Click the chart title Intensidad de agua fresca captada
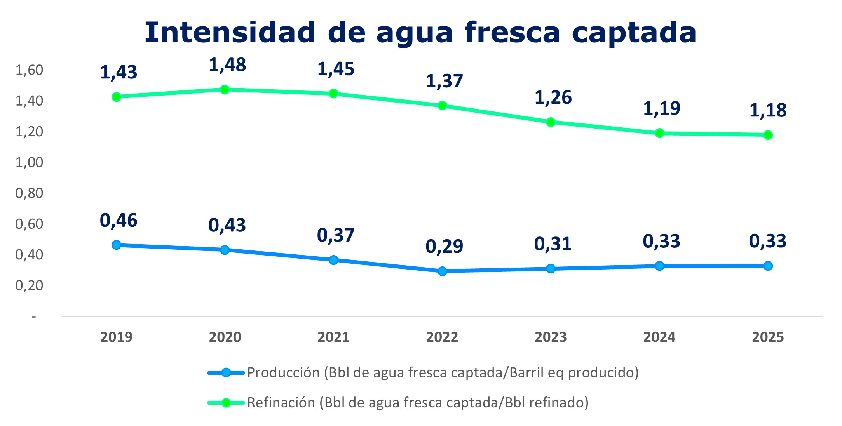click(420, 32)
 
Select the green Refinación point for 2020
click(225, 90)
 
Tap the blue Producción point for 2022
click(442, 271)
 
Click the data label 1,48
click(227, 65)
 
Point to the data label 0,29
click(444, 246)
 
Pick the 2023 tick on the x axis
click(551, 337)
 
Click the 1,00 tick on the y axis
click(29, 162)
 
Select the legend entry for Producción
click(423, 372)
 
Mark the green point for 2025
click(768, 135)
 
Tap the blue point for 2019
click(116, 245)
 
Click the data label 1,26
click(553, 97)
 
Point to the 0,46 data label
click(119, 221)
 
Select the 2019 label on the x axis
click(116, 337)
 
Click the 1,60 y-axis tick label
click(29, 70)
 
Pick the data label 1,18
click(768, 110)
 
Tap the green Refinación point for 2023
click(551, 122)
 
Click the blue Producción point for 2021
click(333, 260)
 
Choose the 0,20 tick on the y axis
click(29, 285)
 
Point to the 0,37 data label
click(336, 235)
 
